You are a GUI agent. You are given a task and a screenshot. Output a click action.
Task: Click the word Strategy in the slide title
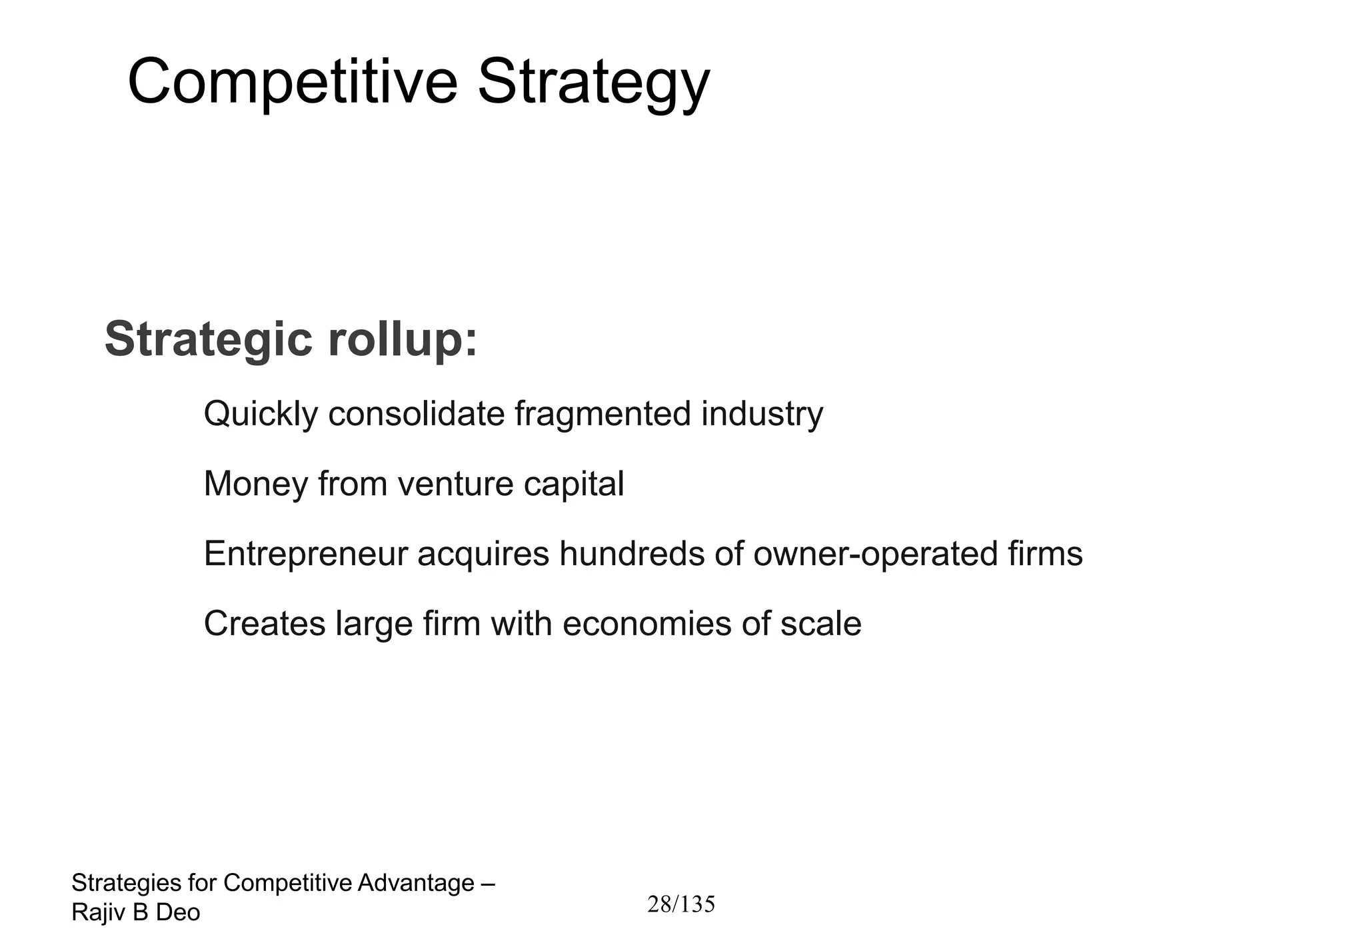coord(594,83)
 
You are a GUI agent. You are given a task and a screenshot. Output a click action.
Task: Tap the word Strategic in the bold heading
coord(209,339)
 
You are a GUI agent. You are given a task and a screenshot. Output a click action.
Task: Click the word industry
coord(762,414)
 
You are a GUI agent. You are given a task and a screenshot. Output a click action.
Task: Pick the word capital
coord(574,484)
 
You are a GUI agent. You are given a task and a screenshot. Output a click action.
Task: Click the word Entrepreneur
coord(305,554)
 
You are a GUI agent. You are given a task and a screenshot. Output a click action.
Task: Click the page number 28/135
coord(681,904)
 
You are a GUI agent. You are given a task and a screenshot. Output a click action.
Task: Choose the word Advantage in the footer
coord(416,883)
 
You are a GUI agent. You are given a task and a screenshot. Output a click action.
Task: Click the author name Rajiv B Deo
coord(136,913)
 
